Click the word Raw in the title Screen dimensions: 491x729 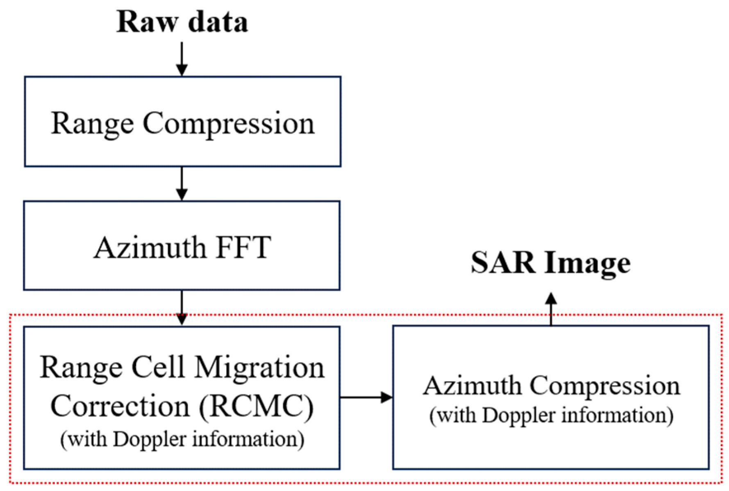coord(147,22)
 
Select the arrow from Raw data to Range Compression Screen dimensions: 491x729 coord(182,59)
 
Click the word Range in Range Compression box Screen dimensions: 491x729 coord(92,123)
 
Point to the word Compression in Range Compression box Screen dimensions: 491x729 coord(228,123)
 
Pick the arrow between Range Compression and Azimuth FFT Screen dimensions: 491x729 coord(182,183)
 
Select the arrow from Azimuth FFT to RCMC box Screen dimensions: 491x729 coord(182,308)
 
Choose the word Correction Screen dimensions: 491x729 coord(120,406)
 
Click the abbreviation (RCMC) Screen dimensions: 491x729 coord(256,406)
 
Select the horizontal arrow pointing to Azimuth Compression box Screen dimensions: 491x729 coord(366,397)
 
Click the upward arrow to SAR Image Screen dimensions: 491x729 coord(551,308)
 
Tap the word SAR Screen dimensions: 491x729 coord(503,263)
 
